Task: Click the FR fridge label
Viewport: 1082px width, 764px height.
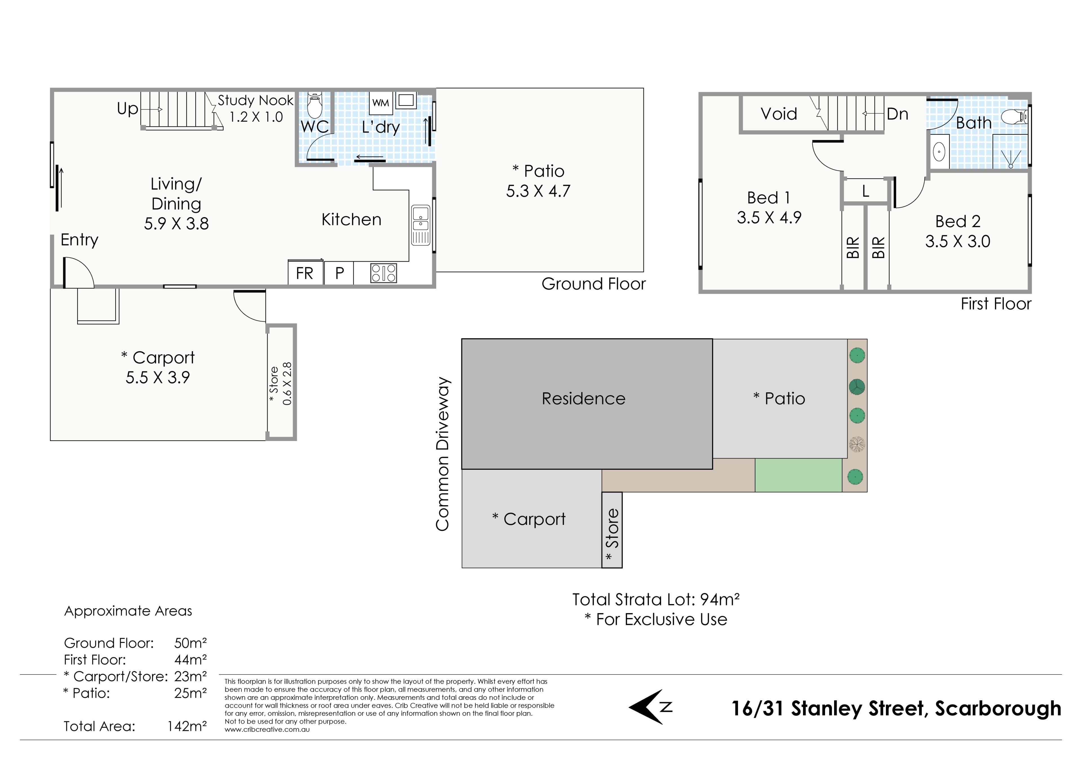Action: tap(304, 273)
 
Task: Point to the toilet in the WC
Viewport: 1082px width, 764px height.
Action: tap(314, 105)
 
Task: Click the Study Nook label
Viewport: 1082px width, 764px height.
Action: tap(255, 100)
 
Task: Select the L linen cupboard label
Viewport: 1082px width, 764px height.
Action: tap(865, 191)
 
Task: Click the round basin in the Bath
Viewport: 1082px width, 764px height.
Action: tap(939, 152)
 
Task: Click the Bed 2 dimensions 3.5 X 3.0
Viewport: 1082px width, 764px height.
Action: tap(957, 241)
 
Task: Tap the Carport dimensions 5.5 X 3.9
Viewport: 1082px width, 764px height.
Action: tap(158, 377)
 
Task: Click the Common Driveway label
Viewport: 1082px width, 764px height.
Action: tap(442, 454)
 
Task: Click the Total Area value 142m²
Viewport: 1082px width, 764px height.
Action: tap(187, 726)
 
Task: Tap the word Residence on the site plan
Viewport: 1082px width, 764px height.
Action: tap(584, 398)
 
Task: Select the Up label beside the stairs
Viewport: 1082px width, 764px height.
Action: tap(127, 109)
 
